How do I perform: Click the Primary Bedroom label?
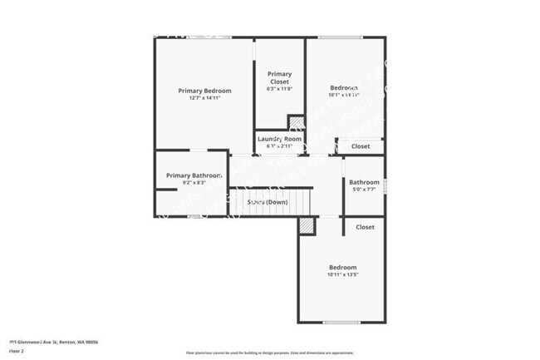204,90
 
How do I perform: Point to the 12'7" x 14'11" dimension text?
204,98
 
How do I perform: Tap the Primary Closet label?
279,78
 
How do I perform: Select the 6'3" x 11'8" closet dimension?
279,91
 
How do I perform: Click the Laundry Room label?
279,139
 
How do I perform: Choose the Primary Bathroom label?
194,175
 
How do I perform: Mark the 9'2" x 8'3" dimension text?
192,184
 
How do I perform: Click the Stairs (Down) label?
268,202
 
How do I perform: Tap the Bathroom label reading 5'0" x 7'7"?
364,182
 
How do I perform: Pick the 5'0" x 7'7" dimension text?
364,190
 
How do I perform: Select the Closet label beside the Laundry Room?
361,146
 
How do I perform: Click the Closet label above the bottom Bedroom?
365,227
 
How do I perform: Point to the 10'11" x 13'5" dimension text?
343,274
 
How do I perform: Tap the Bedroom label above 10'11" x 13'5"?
343,267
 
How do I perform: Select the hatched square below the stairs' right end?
307,225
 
